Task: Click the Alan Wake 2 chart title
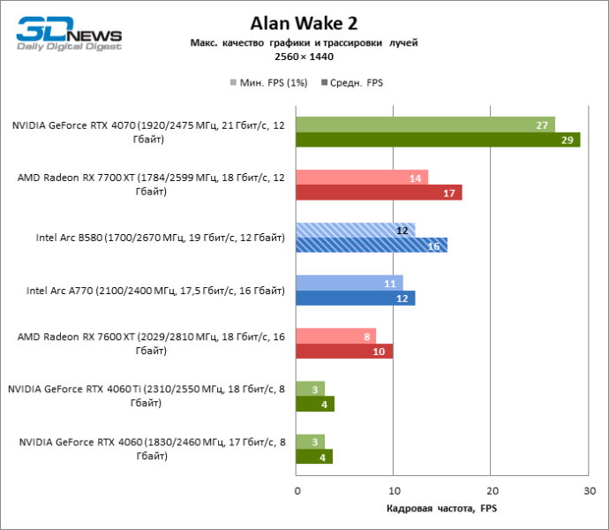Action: pos(303,24)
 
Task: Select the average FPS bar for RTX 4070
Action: pos(438,140)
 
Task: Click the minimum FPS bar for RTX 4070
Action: pos(425,124)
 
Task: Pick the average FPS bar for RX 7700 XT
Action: pos(379,193)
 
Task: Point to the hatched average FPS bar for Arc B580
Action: pos(372,246)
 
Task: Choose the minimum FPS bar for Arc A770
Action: pos(350,283)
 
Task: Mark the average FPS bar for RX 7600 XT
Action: pos(344,352)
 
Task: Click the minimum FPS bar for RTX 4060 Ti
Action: pos(311,389)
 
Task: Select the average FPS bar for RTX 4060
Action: pos(314,458)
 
